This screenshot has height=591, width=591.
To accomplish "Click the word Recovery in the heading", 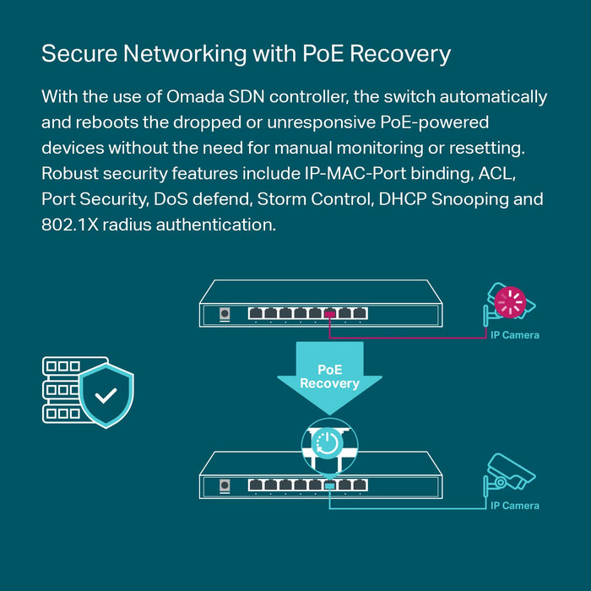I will click(400, 54).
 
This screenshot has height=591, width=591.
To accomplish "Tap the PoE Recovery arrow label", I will click(330, 377).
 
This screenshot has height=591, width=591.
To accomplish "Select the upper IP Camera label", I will click(515, 335).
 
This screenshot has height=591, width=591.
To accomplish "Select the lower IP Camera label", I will click(515, 506).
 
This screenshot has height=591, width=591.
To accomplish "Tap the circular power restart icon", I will click(330, 442).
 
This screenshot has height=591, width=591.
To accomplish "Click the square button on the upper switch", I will click(225, 314).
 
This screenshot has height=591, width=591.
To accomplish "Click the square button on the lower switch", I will click(225, 485).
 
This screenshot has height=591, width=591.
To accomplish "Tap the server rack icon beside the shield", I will click(64, 389).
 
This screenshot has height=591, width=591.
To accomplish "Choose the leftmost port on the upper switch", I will click(256, 313).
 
